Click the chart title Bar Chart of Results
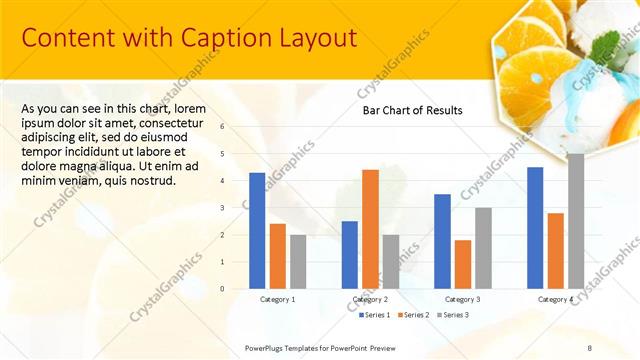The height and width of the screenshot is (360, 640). pyautogui.click(x=412, y=110)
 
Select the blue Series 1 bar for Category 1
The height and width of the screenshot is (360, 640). pyautogui.click(x=257, y=230)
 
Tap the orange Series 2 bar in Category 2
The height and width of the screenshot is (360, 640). pyautogui.click(x=370, y=228)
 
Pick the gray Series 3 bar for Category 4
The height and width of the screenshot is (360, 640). pyautogui.click(x=576, y=221)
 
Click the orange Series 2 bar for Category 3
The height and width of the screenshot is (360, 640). pyautogui.click(x=463, y=264)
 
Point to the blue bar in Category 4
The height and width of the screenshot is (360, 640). pyautogui.click(x=535, y=227)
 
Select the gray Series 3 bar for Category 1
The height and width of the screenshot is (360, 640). pyautogui.click(x=298, y=261)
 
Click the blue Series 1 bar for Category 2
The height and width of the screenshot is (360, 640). pyautogui.click(x=349, y=254)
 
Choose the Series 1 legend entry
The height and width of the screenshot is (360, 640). pyautogui.click(x=375, y=315)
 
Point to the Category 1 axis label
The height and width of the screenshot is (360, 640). pyautogui.click(x=277, y=299)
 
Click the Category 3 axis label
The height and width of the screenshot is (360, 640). pyautogui.click(x=462, y=299)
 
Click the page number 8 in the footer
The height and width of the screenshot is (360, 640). pyautogui.click(x=589, y=346)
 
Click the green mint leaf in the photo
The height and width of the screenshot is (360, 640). pyautogui.click(x=604, y=43)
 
